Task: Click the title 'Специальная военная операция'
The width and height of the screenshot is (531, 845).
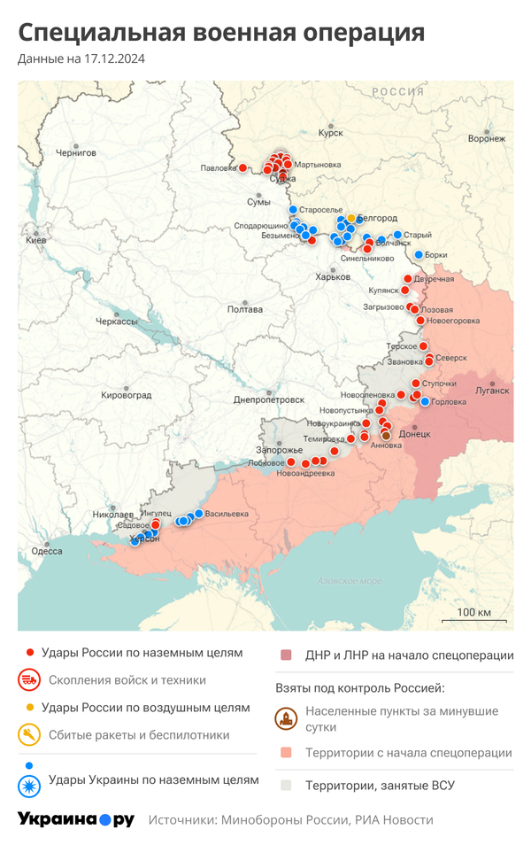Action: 221,33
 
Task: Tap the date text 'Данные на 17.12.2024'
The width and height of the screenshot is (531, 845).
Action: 81,59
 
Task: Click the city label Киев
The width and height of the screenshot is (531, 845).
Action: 36,240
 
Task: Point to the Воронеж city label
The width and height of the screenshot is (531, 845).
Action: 487,138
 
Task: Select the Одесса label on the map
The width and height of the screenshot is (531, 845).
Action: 46,551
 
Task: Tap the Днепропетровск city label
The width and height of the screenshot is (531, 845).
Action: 268,399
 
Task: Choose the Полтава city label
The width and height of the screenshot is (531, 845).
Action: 245,309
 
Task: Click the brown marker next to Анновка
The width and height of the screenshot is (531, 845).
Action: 386,435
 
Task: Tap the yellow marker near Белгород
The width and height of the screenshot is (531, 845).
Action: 351,218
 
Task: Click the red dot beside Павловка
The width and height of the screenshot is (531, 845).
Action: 242,167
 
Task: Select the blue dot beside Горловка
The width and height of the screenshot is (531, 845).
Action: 425,402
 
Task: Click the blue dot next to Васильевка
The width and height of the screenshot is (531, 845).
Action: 199,514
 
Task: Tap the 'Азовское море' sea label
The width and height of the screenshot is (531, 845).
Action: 350,581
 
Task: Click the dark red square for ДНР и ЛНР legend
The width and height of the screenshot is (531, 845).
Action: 286,655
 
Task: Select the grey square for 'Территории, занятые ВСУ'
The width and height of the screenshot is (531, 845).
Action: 286,785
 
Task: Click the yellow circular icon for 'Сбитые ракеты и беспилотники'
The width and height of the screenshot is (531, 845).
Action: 29,734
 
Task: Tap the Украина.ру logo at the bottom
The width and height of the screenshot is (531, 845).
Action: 75,819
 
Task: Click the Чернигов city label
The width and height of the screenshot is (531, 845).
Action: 75,152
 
